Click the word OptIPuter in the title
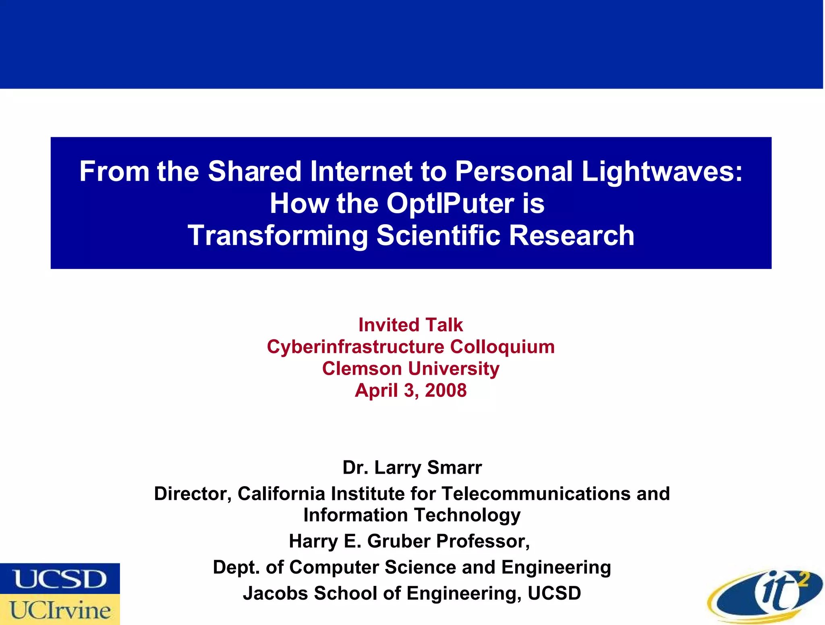450,203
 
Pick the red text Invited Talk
410,325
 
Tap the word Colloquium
502,347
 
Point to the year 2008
446,390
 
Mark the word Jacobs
275,593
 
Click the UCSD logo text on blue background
60,579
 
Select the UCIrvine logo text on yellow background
60,610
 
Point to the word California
281,494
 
